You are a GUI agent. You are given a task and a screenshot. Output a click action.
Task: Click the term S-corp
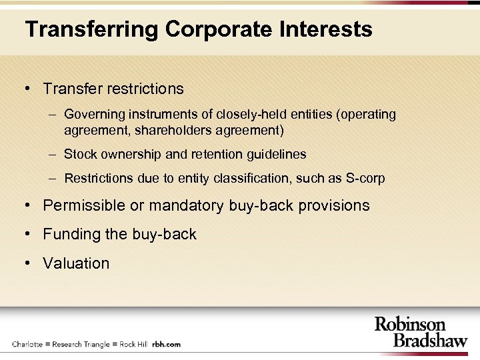366,179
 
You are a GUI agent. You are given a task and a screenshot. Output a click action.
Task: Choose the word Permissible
84,205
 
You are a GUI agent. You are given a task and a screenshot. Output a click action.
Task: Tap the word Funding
70,235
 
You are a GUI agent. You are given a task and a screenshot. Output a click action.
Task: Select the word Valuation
76,263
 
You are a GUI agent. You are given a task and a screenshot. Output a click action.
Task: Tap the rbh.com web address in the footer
167,345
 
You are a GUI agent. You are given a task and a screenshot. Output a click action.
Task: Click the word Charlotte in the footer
27,345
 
